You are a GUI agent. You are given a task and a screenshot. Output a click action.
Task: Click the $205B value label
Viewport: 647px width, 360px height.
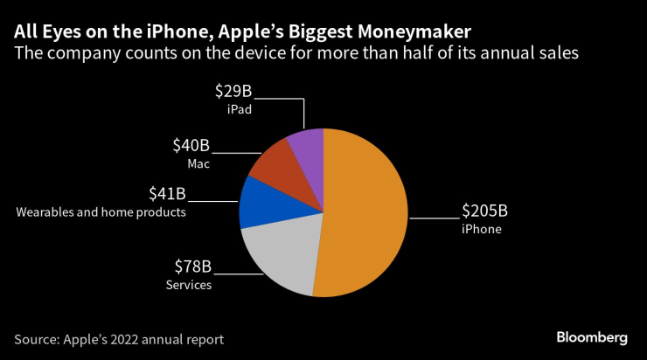tap(484, 211)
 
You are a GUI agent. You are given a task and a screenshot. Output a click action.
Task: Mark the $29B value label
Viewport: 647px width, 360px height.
tap(233, 92)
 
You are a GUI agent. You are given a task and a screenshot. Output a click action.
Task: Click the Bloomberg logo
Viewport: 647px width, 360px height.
tap(592, 337)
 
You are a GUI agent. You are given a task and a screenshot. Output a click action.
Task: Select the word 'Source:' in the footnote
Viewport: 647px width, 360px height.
tap(38, 338)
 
